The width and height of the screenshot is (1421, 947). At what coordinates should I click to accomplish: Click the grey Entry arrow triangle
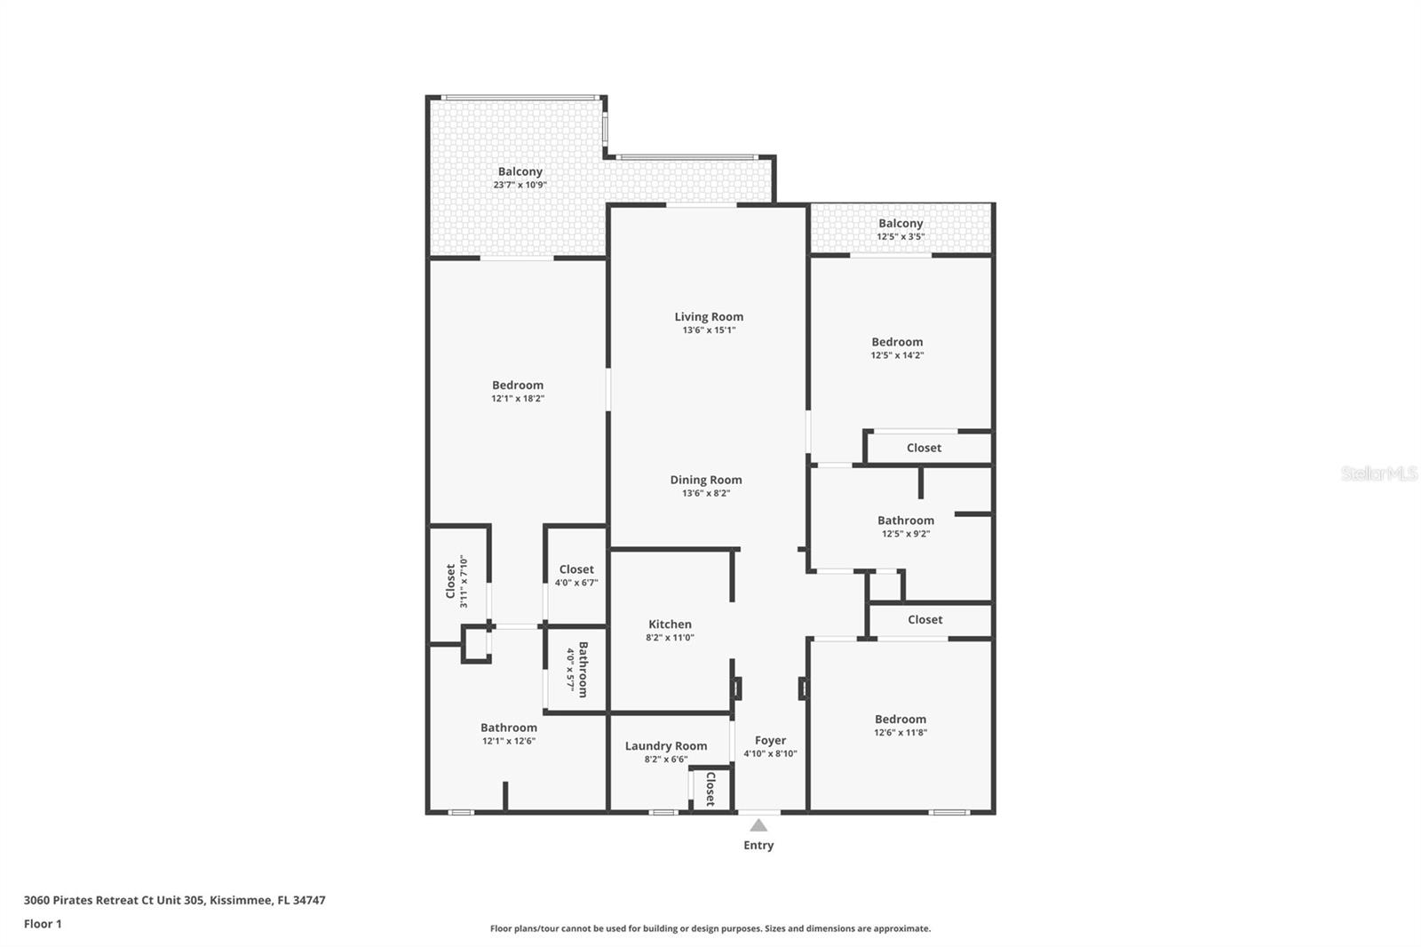click(758, 825)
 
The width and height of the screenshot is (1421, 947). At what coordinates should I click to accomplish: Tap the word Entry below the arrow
click(758, 845)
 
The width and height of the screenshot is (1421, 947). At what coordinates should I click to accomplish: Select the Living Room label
click(709, 317)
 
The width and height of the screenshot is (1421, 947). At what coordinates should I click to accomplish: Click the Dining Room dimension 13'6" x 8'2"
click(706, 493)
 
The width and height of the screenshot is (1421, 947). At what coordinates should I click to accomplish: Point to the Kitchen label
click(670, 625)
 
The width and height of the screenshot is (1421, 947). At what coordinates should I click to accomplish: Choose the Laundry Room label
click(666, 746)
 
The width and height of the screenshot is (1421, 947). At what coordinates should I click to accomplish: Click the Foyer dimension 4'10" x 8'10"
click(770, 753)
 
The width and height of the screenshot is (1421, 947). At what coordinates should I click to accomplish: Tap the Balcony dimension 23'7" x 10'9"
click(520, 186)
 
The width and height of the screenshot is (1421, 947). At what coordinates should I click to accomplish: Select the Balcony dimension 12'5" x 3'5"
click(901, 236)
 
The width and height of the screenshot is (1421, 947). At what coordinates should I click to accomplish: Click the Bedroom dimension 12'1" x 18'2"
click(518, 399)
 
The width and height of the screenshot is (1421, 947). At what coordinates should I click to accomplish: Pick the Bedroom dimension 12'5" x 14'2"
click(897, 355)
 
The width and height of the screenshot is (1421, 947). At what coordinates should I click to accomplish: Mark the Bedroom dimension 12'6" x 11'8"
click(901, 733)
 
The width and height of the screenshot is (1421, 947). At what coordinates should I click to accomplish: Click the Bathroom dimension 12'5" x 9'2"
click(906, 534)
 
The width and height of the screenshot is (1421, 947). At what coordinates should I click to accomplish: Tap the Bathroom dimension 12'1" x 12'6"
click(509, 741)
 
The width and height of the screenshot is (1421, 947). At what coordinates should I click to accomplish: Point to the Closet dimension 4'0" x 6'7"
click(576, 583)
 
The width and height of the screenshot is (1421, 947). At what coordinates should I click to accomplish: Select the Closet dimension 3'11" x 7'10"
click(464, 581)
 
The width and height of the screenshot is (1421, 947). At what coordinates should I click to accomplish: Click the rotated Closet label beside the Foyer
click(710, 789)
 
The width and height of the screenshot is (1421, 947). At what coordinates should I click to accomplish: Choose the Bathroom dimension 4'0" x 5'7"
click(570, 670)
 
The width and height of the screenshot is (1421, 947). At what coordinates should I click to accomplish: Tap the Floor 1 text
click(43, 924)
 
